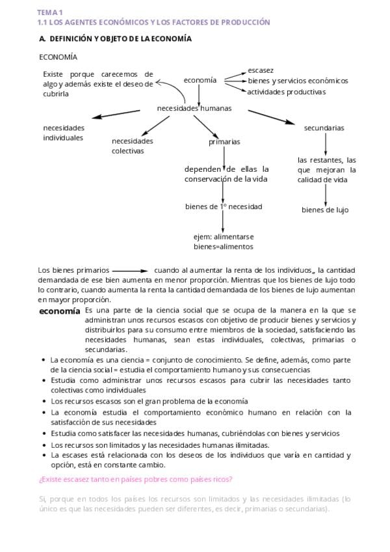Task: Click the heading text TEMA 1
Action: pos(50,12)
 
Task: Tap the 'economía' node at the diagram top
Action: pos(200,80)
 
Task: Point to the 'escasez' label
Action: pos(261,70)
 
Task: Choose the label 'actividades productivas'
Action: pos(287,92)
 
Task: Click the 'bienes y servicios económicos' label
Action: pos(298,81)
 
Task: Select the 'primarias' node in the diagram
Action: pos(224,142)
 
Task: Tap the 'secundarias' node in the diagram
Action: pos(324,128)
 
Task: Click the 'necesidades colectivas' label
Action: pos(133,146)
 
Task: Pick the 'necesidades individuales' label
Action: pos(64,133)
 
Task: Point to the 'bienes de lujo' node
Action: pos(325,210)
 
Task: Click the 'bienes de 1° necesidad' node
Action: pos(224,207)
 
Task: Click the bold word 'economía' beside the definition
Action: pos(60,311)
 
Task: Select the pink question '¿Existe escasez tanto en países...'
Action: pos(136,480)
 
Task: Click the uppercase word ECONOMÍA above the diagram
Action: pos(58,57)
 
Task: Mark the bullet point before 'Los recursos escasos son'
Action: pos(43,402)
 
